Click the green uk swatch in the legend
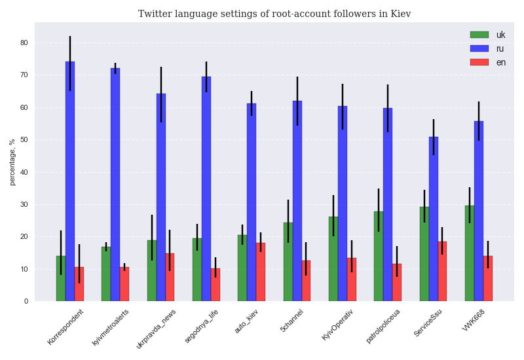click(479, 35)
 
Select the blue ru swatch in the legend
click(479, 48)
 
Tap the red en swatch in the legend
click(479, 62)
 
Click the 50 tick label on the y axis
click(24, 140)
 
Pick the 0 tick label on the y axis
click(26, 302)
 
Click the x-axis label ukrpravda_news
click(156, 329)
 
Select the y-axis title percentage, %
click(12, 162)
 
